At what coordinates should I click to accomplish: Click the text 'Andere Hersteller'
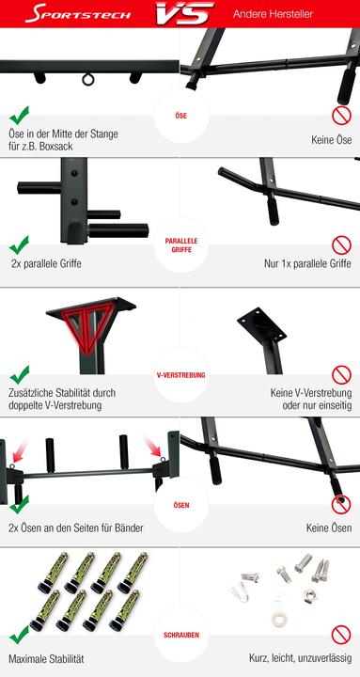click(274, 14)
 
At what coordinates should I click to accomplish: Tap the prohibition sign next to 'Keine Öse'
click(341, 115)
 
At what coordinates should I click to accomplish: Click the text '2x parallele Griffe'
click(46, 264)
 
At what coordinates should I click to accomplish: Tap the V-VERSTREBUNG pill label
click(180, 375)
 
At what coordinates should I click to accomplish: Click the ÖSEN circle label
click(180, 505)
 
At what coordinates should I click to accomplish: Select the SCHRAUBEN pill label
click(180, 635)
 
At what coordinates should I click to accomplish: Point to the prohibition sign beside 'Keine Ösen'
click(341, 504)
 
